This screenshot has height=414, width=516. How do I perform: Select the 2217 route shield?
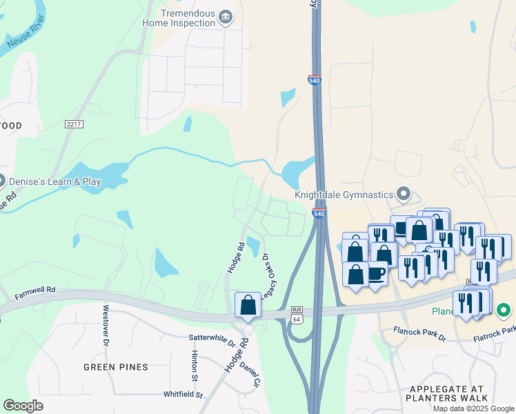74,124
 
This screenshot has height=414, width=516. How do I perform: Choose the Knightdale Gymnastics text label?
344,195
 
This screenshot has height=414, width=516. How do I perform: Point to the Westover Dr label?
106,325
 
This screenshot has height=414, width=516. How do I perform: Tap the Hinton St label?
195,365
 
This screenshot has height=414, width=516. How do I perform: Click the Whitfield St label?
183,395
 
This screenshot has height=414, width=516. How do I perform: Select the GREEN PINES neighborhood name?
116,367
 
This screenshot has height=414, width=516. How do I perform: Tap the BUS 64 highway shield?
297,313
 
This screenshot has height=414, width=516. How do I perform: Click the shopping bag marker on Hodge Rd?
248,305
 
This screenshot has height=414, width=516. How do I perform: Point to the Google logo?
23,406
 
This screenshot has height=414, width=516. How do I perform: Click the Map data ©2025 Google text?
473,408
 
